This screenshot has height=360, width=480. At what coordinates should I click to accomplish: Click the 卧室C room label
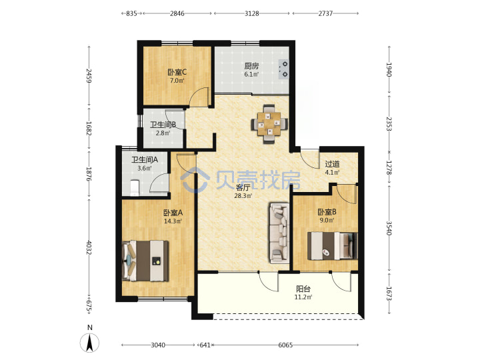point(177,72)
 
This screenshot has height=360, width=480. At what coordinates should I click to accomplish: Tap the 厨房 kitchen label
point(251,66)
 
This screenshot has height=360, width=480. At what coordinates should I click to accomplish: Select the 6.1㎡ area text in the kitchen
point(251,74)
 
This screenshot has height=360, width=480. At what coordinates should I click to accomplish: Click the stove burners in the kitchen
point(284,69)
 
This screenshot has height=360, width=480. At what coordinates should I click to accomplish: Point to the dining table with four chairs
point(269,124)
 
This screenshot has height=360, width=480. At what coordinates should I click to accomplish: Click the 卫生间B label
point(163,125)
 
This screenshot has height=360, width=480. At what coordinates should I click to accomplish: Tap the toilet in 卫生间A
point(135,187)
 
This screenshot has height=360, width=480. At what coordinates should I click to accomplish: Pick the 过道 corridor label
point(332,164)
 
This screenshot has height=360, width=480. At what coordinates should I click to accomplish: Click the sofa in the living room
point(279,233)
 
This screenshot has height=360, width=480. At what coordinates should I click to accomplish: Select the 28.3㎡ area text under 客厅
point(243,195)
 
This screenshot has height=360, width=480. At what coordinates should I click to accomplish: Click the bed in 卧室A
point(145,261)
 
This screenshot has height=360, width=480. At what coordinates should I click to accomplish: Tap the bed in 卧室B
point(333,246)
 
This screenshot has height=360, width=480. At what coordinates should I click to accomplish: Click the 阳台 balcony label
point(303,289)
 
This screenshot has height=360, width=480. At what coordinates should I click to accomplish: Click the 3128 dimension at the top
point(251,13)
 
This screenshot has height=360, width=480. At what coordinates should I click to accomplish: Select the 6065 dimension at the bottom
point(285,345)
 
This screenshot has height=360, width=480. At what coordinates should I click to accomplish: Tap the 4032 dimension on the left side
point(89,247)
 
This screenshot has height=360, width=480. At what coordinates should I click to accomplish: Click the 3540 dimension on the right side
point(389,228)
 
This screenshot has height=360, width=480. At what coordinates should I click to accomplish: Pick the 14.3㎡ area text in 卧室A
point(173,221)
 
